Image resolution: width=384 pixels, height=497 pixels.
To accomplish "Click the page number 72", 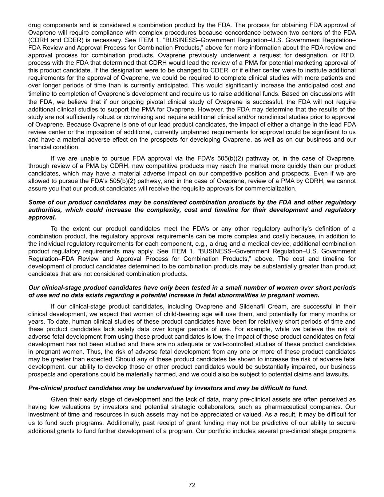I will pos(192,485).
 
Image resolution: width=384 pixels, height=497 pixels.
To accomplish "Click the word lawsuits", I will pos(337,374).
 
